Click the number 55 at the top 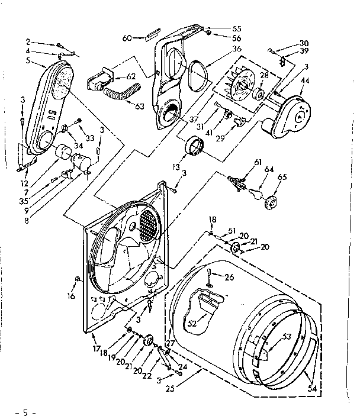click(220, 27)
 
